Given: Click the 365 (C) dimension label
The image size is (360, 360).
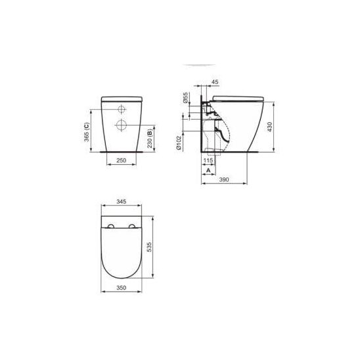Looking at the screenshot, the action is (87, 132).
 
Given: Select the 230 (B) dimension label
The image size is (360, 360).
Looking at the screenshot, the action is (150, 139).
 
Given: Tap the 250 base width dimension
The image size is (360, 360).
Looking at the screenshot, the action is (122, 160).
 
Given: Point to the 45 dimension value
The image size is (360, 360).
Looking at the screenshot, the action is (215, 81).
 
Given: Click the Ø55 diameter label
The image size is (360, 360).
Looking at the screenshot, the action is (185, 97).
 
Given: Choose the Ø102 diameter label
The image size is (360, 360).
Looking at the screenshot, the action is (179, 143).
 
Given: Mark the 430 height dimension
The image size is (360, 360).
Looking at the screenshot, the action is (270, 127).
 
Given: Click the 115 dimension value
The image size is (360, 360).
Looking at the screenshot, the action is (208, 160).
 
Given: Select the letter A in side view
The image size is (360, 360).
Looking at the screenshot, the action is (208, 170).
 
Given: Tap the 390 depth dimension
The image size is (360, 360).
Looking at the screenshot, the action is (224, 179).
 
